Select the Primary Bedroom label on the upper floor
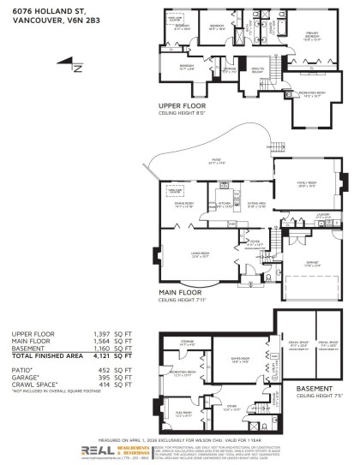pyautogui.click(x=310, y=35)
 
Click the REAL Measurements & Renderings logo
pyautogui.click(x=105, y=450)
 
